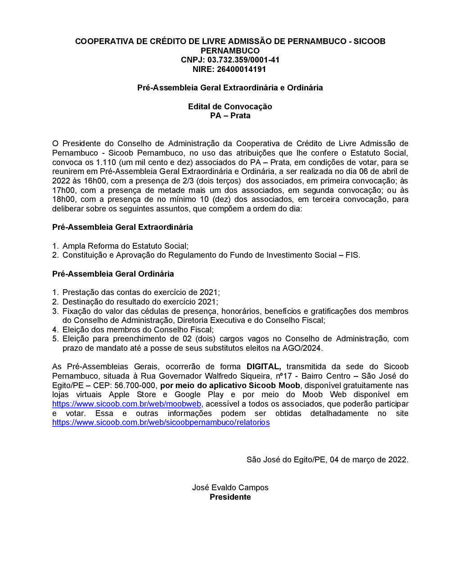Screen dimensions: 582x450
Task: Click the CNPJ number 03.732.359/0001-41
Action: click(x=243, y=60)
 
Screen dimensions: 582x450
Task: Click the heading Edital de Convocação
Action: click(x=230, y=107)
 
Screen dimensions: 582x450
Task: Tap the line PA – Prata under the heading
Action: click(x=230, y=116)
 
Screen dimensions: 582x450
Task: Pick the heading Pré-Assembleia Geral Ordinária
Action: click(x=113, y=274)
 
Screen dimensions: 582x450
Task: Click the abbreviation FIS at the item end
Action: click(x=352, y=255)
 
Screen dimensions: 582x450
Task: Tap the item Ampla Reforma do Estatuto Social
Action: click(x=125, y=246)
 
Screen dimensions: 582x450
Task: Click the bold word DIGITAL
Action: click(x=264, y=367)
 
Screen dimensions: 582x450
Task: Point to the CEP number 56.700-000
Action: click(x=135, y=385)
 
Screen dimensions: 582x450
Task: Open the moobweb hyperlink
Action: click(x=126, y=404)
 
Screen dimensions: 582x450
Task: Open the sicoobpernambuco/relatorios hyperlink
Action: click(x=161, y=422)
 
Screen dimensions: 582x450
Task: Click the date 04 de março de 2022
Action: click(x=368, y=460)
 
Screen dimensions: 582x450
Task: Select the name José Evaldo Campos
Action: click(x=230, y=488)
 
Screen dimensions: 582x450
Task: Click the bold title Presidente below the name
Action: click(x=230, y=497)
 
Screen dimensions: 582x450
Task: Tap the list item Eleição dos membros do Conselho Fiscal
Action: click(x=138, y=330)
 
